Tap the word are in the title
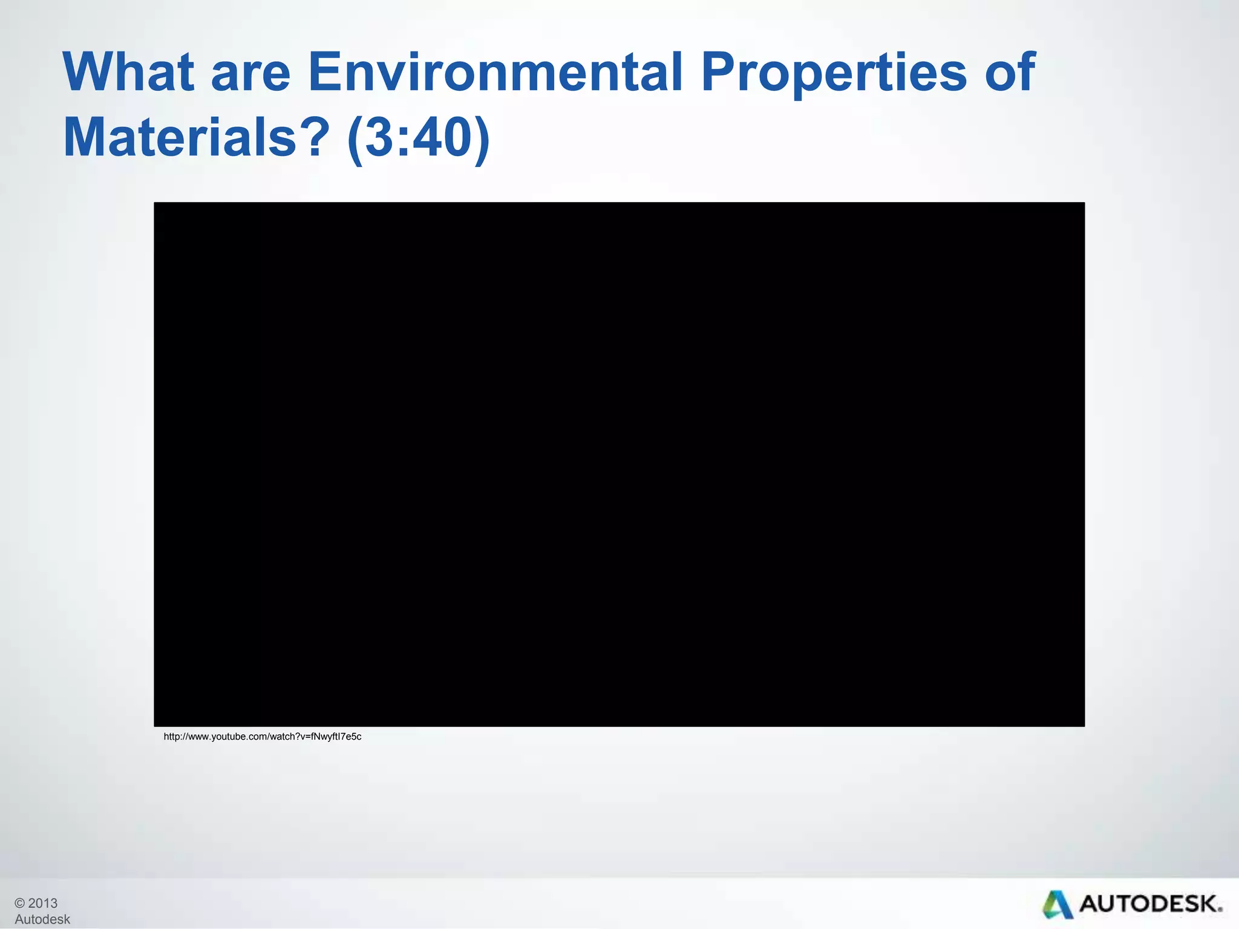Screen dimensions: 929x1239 click(x=250, y=74)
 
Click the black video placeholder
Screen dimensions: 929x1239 click(x=619, y=464)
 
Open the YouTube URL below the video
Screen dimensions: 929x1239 click(x=263, y=737)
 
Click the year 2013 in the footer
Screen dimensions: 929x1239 click(x=42, y=903)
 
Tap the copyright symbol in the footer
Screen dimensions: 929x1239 click(x=20, y=903)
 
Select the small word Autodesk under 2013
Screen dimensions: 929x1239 click(x=42, y=919)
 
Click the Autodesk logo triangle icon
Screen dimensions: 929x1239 click(x=1057, y=905)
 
